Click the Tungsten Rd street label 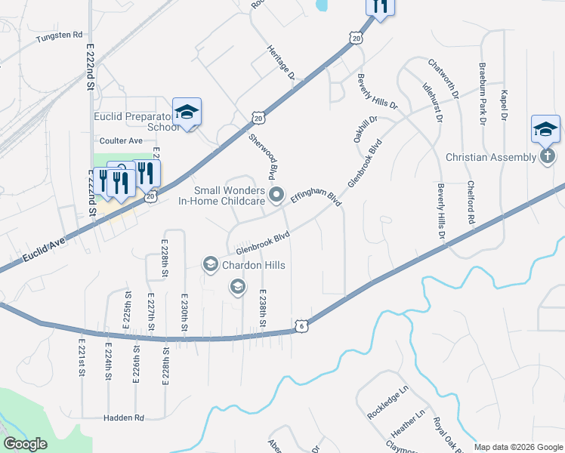click(x=59, y=35)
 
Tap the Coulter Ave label click(x=121, y=141)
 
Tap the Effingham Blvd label click(x=316, y=198)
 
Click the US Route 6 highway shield click(x=301, y=325)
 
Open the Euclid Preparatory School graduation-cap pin click(x=187, y=112)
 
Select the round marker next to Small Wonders click(x=277, y=195)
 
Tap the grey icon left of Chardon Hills click(x=209, y=264)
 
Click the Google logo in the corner click(x=26, y=444)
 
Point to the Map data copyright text click(x=517, y=447)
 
